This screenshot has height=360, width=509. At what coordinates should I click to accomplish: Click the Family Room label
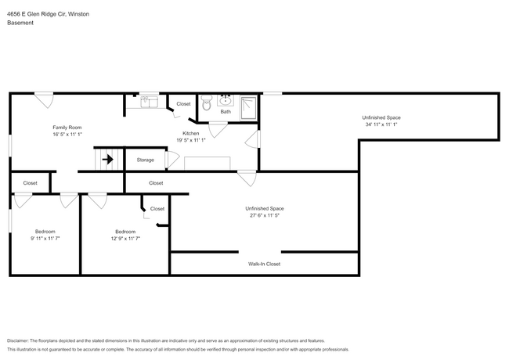(67, 128)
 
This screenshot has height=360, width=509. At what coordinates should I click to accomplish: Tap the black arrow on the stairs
(108, 160)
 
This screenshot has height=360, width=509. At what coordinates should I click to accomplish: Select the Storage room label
(145, 160)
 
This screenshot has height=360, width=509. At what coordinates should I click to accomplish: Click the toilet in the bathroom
(206, 101)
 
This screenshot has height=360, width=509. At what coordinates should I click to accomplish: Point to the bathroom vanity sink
(226, 100)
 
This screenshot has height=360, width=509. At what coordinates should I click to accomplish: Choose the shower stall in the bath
(248, 106)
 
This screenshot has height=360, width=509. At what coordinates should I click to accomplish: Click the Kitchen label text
(191, 133)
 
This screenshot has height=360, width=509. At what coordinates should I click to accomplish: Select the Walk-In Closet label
(264, 264)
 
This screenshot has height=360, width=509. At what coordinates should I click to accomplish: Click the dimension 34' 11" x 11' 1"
(381, 124)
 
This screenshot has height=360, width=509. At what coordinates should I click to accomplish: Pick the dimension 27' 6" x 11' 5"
(264, 216)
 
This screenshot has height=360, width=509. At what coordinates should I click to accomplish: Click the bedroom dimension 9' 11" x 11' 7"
(45, 239)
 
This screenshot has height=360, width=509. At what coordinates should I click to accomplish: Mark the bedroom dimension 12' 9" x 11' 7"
(125, 239)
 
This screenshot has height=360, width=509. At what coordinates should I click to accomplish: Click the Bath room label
(226, 112)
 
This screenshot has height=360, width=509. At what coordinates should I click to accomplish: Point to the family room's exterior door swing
(45, 100)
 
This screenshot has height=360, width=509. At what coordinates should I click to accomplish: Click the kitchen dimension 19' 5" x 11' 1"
(191, 140)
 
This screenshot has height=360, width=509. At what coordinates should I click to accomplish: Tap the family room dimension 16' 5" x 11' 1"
(67, 135)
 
